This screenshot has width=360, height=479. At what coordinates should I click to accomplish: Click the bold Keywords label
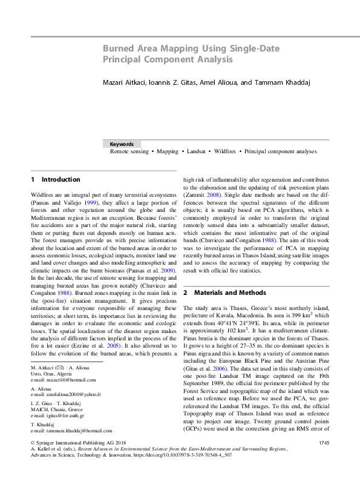point(122,144)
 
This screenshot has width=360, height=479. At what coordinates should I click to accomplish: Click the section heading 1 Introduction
point(55,180)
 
